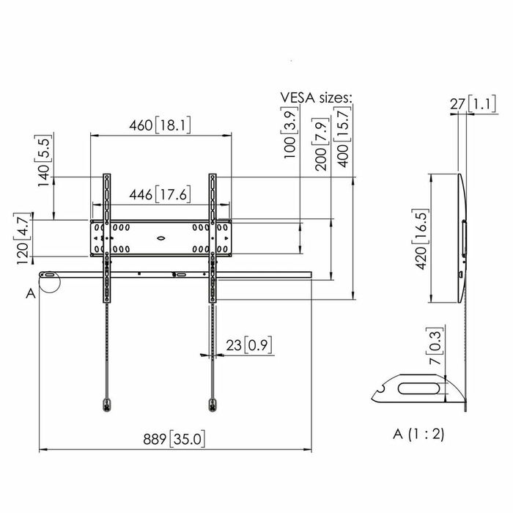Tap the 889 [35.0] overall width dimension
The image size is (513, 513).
pyautogui.click(x=174, y=440)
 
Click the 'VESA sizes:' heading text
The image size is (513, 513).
pyautogui.click(x=316, y=97)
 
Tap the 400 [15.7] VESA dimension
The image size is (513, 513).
pyautogui.click(x=342, y=137)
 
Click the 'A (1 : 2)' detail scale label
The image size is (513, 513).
pyautogui.click(x=418, y=434)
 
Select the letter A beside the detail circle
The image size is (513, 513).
pyautogui.click(x=30, y=294)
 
